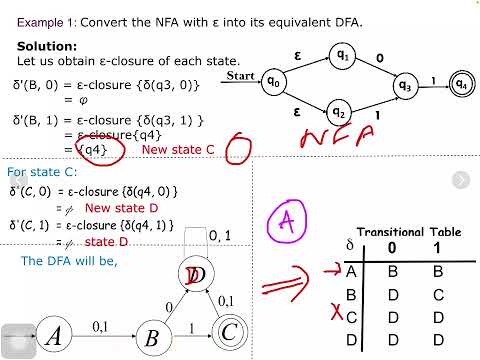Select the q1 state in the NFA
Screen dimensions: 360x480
[x=341, y=57]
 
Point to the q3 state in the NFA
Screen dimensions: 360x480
[x=404, y=85]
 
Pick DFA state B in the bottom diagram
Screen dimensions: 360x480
[x=152, y=336]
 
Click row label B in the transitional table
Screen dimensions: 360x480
[x=350, y=295]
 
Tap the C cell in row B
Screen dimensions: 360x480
[x=435, y=295]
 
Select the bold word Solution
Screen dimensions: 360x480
[x=47, y=46]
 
